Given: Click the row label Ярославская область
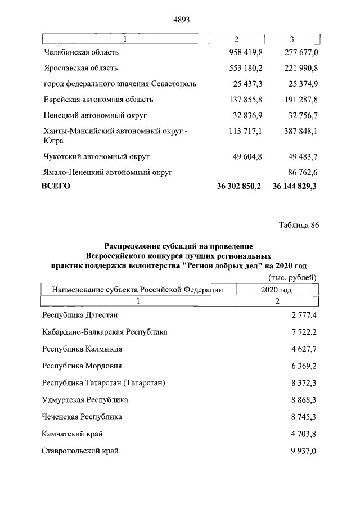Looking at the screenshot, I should (x=80, y=68).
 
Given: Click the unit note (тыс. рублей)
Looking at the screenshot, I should (x=289, y=277).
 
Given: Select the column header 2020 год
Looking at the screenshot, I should (x=277, y=289).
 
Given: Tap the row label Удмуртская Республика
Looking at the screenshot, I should (x=85, y=400).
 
